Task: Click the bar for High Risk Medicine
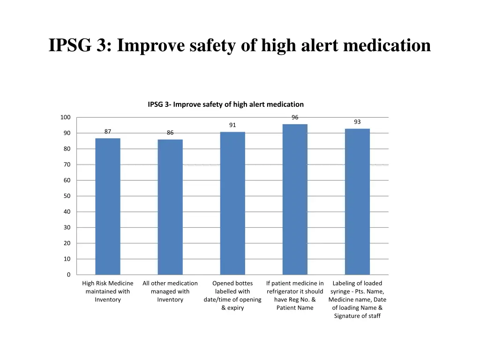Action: [x=108, y=206]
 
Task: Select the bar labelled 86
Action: [x=170, y=207]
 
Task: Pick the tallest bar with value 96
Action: [x=295, y=199]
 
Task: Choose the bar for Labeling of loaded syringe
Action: [x=357, y=202]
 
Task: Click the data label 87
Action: [x=108, y=132]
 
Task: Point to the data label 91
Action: [x=232, y=125]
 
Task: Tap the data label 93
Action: [x=357, y=122]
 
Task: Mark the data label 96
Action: [x=295, y=118]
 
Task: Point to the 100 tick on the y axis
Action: [x=65, y=117]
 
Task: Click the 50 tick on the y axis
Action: [x=67, y=196]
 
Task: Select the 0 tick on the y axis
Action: [x=68, y=275]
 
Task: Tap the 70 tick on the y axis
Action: [x=67, y=165]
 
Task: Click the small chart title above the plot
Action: [x=225, y=105]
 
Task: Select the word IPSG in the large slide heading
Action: [x=69, y=45]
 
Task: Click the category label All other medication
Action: [x=170, y=283]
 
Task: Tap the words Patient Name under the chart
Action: [x=295, y=308]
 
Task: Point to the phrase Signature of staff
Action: [x=357, y=316]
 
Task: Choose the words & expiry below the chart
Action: [x=232, y=308]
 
